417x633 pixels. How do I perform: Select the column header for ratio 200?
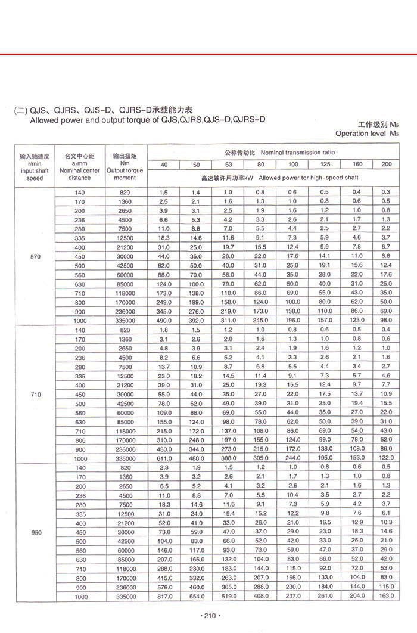(x=386, y=164)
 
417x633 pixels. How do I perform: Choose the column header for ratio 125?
(x=324, y=164)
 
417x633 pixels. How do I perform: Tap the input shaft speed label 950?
(x=36, y=532)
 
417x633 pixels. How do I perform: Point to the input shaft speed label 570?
(x=35, y=256)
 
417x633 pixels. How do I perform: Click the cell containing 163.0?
(x=386, y=597)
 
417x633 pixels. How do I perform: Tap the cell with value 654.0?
(x=195, y=597)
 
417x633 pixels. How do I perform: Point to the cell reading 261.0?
(x=324, y=597)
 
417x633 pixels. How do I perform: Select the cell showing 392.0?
(x=195, y=321)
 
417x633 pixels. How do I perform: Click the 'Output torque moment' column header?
(x=125, y=166)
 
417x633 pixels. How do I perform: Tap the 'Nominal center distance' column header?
(x=80, y=166)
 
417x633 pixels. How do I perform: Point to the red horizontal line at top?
(x=208, y=54)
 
